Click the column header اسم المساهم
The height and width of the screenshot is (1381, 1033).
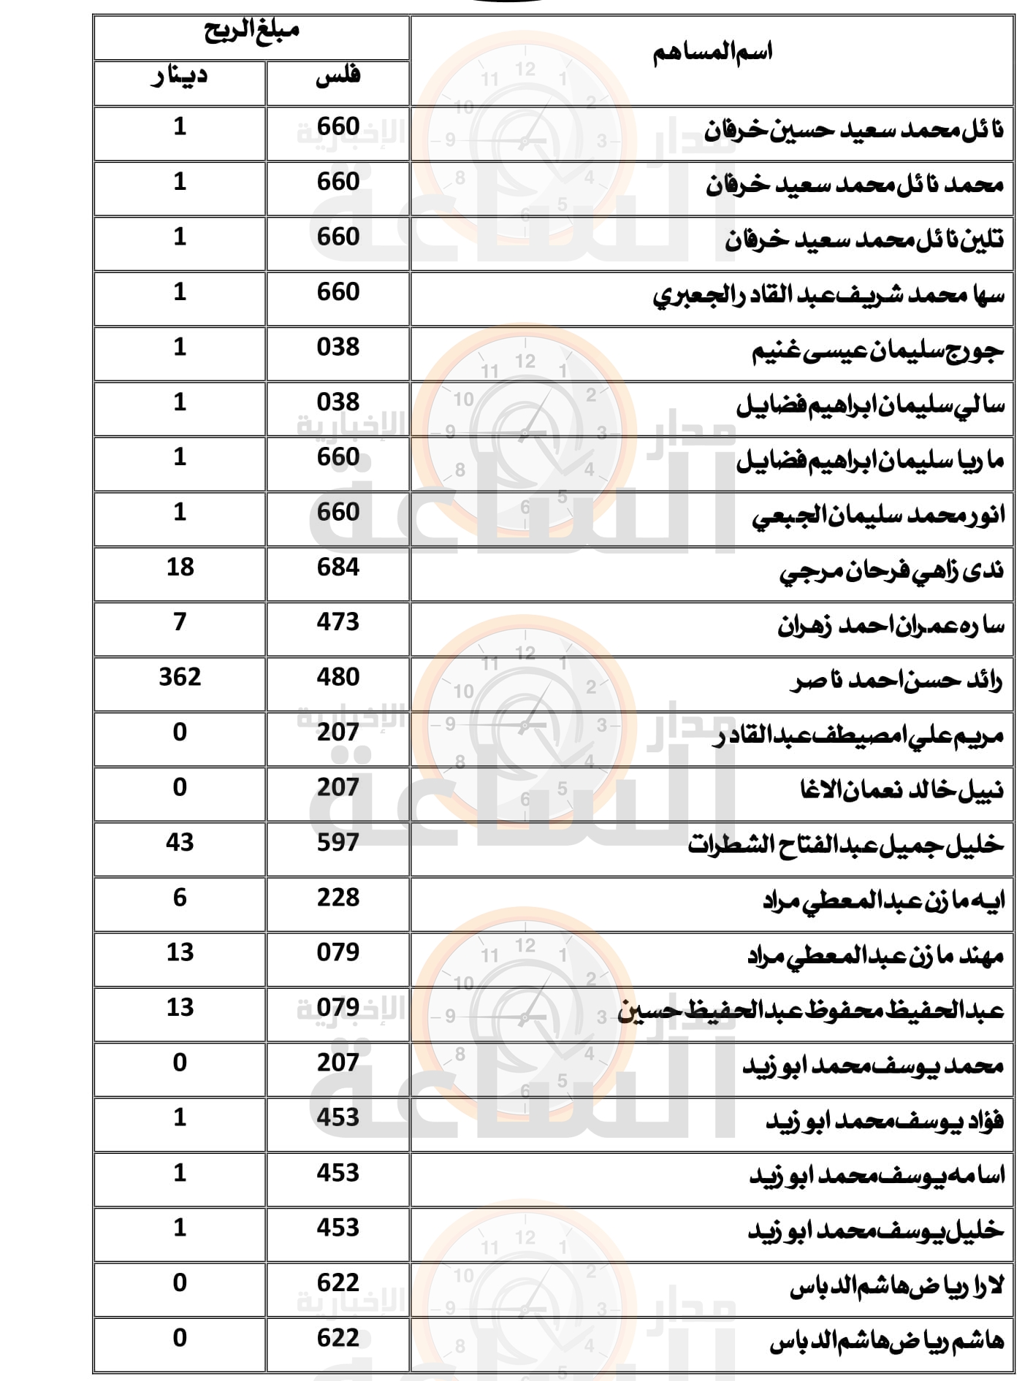click(712, 53)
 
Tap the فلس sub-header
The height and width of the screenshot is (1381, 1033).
click(338, 77)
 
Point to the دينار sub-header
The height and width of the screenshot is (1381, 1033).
click(179, 77)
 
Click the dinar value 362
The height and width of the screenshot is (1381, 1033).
click(180, 677)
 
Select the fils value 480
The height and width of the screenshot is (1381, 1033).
click(338, 677)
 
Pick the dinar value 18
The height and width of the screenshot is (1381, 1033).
click(180, 567)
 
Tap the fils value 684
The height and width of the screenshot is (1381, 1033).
click(338, 567)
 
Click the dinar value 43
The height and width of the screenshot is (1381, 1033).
click(180, 842)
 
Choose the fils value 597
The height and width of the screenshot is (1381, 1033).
click(338, 842)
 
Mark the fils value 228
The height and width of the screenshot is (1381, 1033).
click(338, 898)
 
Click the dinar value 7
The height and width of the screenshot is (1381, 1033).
click(180, 621)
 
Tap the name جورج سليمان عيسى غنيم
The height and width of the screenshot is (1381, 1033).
click(878, 351)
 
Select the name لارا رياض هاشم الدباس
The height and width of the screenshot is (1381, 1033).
click(896, 1286)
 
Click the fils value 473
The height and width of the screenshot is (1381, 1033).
click(338, 621)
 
